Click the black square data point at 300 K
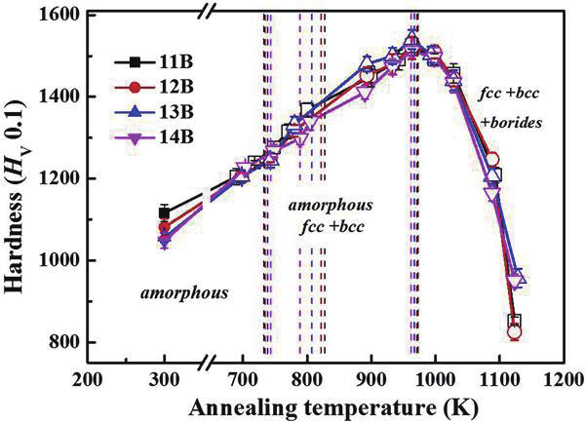pyautogui.click(x=164, y=212)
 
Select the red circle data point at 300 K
pyautogui.click(x=164, y=228)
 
